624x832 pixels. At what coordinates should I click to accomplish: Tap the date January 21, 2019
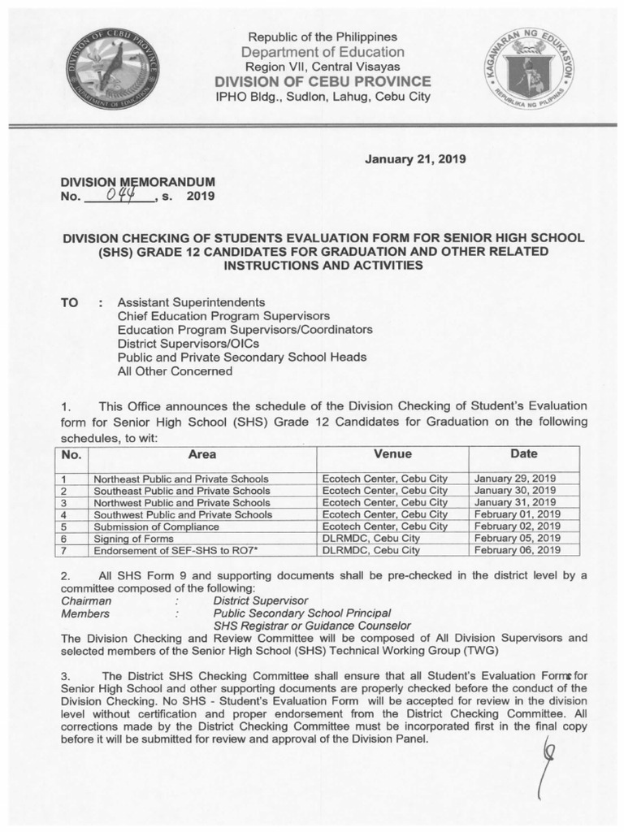pos(415,159)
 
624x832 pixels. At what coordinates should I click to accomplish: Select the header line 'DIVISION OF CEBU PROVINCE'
pos(323,82)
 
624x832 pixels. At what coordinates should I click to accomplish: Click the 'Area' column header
pos(202,454)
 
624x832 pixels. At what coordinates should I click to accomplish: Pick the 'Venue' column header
pos(392,453)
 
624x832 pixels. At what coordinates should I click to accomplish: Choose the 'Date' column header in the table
pos(523,453)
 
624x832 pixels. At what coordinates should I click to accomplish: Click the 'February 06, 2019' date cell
pos(517,550)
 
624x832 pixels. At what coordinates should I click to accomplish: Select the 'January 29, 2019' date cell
pos(514,479)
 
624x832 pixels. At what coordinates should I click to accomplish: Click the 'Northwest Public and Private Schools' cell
pos(180,502)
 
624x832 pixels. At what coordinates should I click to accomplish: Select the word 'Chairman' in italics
pos(87,600)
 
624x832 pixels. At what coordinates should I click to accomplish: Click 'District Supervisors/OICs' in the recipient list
pos(183,344)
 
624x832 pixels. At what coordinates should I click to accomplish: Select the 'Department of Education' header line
pos(323,52)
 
